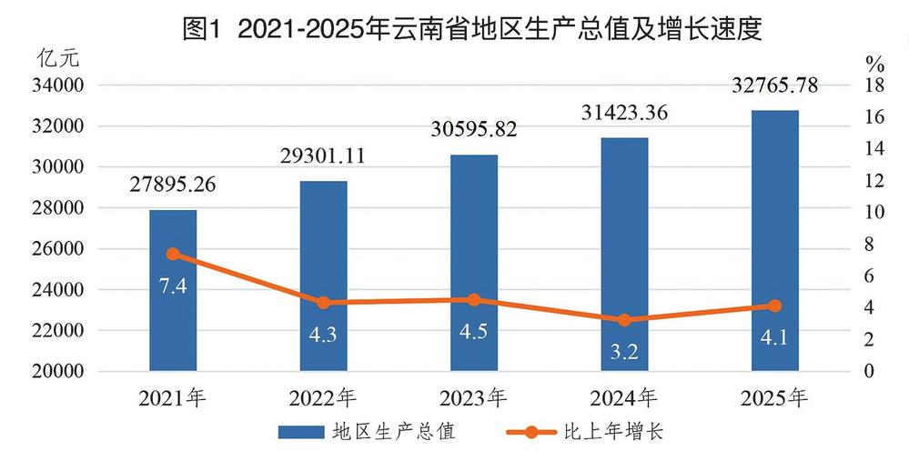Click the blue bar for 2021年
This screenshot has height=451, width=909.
[x=173, y=291]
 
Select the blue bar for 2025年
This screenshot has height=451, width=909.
[x=775, y=241]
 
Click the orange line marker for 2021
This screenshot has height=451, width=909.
[x=173, y=255]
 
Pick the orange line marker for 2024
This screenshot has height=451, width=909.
[x=624, y=320]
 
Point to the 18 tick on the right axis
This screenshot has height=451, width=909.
[x=874, y=85]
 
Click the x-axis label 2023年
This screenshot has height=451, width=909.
[x=474, y=398]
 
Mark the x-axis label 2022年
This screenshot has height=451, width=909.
[x=324, y=398]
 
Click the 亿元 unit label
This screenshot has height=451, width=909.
[x=58, y=60]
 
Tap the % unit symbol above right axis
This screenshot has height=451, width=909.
[x=874, y=64]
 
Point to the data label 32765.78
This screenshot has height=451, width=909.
[x=775, y=86]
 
